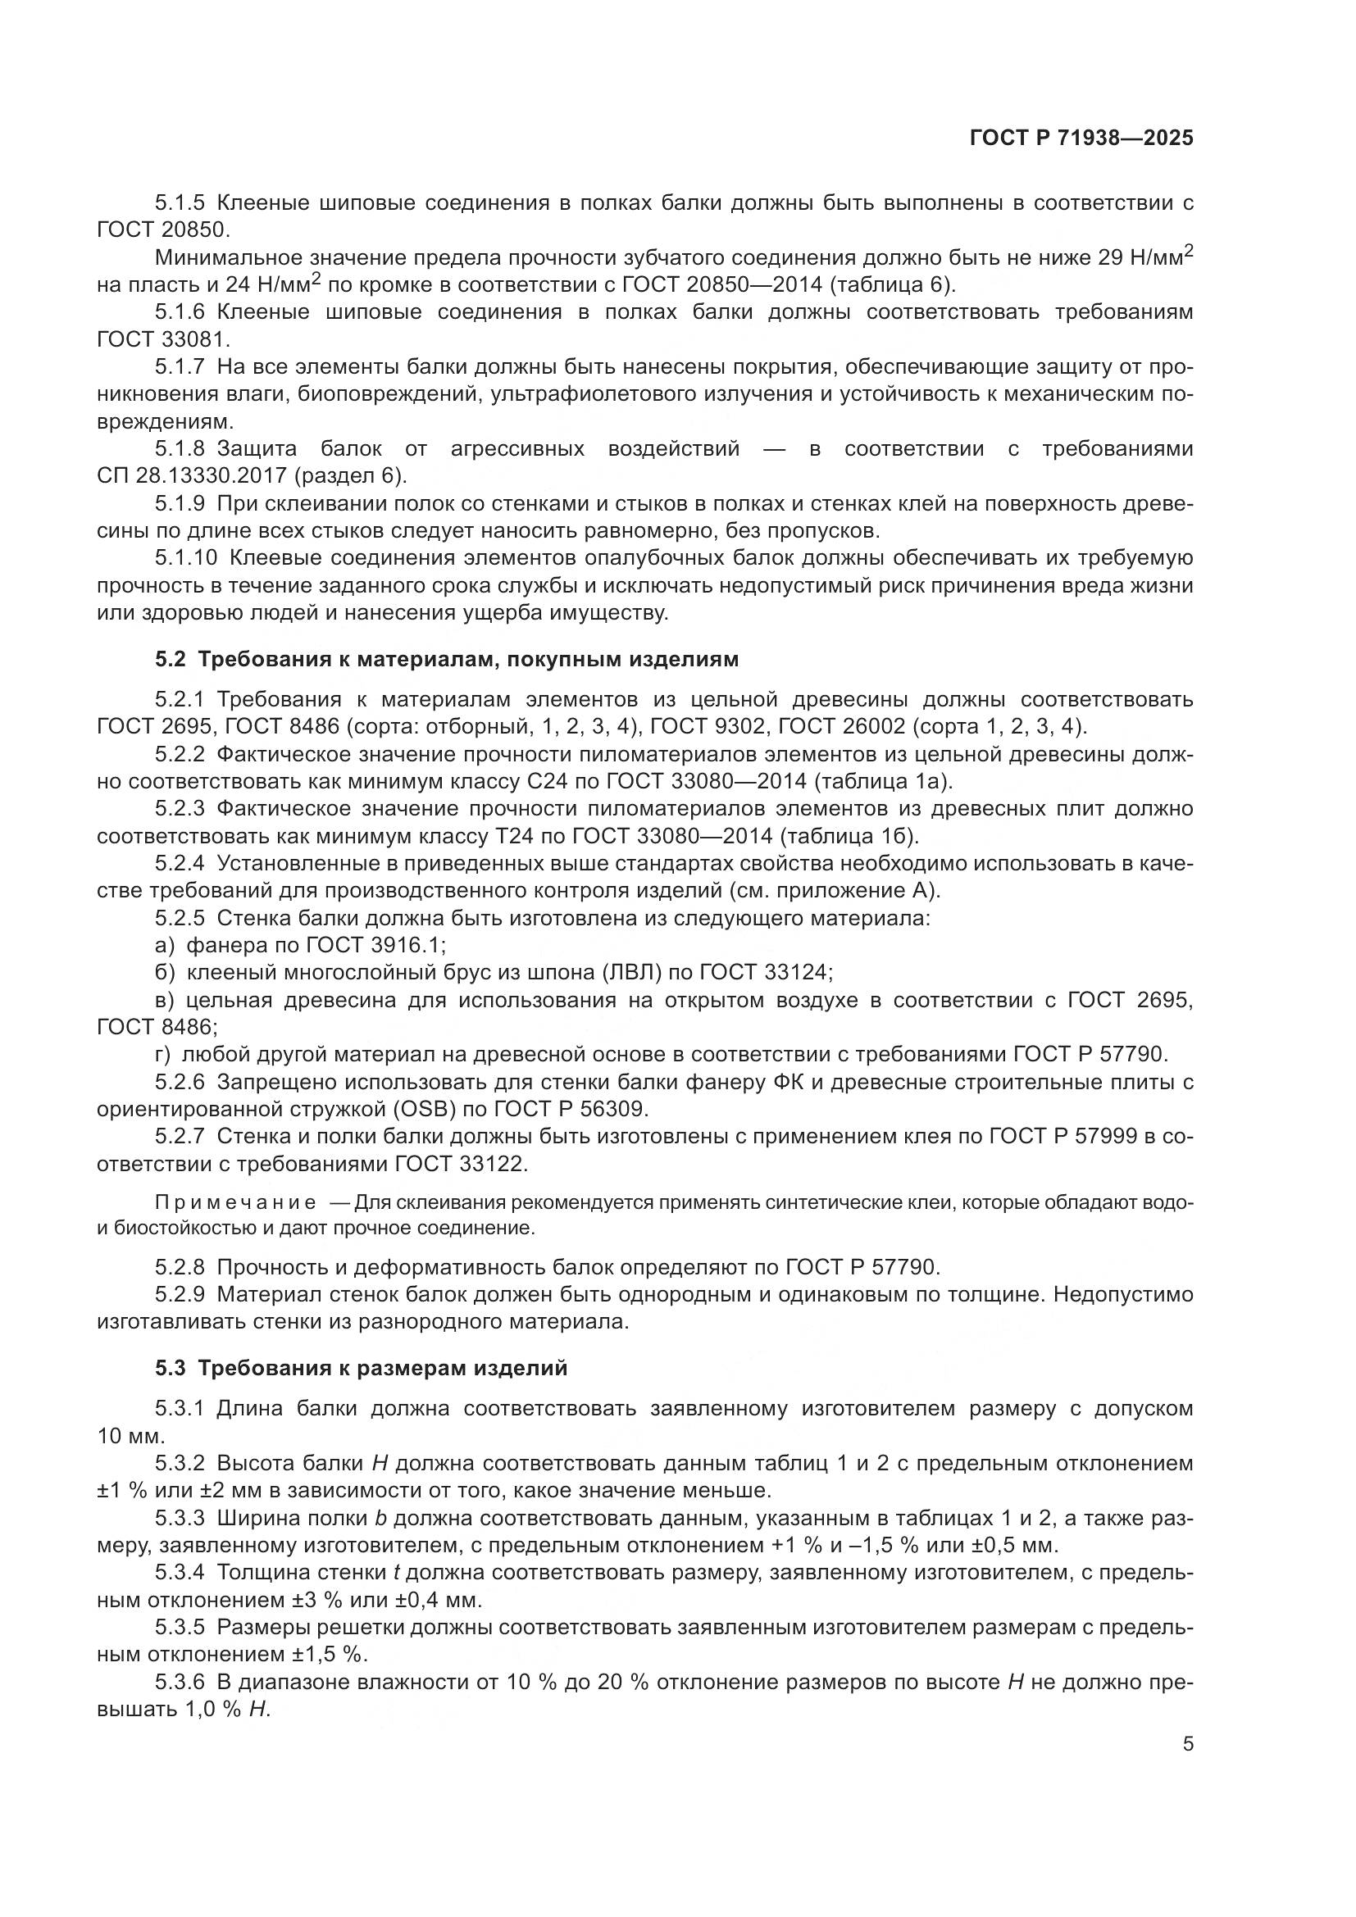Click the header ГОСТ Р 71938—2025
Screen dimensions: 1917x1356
pyautogui.click(x=1081, y=139)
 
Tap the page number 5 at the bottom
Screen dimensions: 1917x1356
pyautogui.click(x=1187, y=1744)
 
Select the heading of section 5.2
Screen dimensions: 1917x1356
pyautogui.click(x=447, y=660)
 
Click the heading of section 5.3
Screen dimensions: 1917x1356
pyautogui.click(x=361, y=1369)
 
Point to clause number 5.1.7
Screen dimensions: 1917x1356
pyautogui.click(x=180, y=366)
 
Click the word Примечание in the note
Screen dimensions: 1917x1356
pyautogui.click(x=235, y=1203)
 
